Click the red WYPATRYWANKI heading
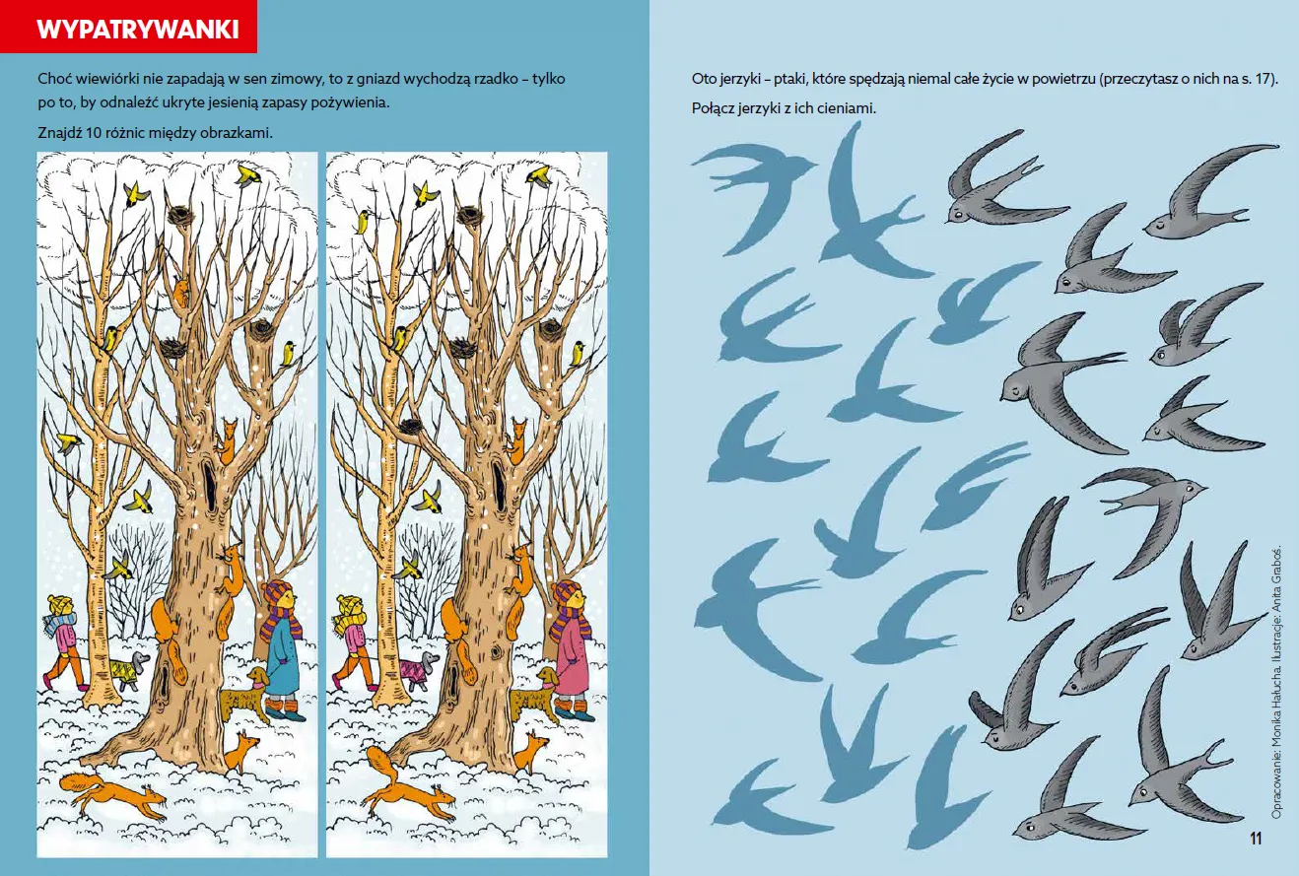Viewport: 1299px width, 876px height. coord(137,29)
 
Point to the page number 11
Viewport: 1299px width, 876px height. coord(1256,839)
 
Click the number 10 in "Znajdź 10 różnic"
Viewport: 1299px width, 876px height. coord(94,133)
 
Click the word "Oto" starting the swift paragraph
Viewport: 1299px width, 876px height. coord(704,79)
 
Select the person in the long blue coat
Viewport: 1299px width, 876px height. coord(283,649)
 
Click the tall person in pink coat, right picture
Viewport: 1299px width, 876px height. coord(572,649)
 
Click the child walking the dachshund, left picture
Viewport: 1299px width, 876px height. coord(63,643)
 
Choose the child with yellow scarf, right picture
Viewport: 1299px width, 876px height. coord(352,643)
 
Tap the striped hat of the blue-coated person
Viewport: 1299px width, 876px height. coord(277,592)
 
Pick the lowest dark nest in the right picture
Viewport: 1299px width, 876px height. coord(411,427)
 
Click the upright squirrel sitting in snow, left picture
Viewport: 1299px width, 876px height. coord(241,752)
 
